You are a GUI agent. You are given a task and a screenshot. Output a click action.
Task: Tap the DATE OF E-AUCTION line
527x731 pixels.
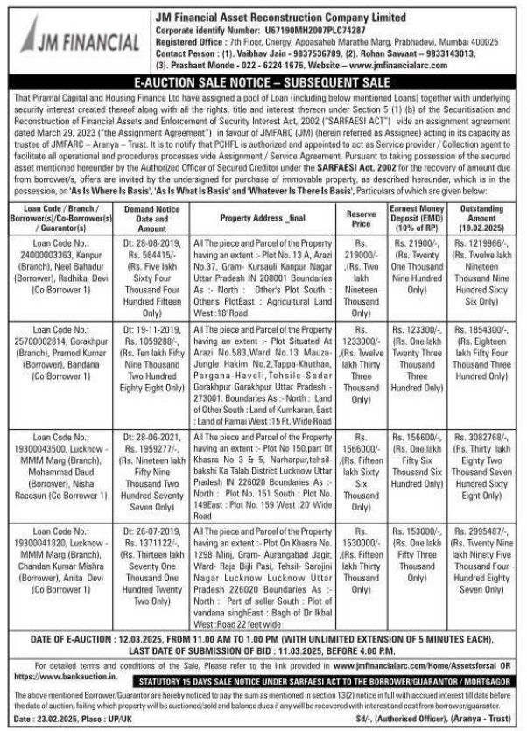tap(263, 644)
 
